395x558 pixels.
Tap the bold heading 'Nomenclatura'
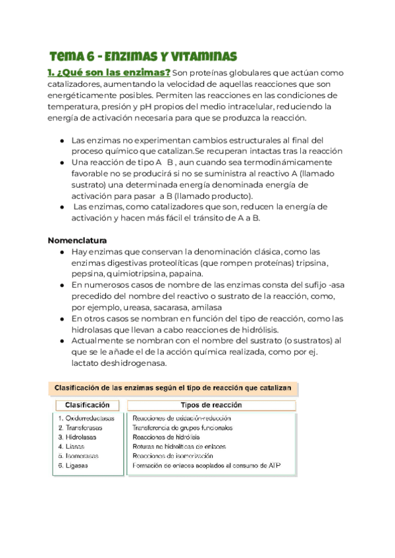pyautogui.click(x=78, y=240)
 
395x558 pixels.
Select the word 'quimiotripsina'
pyautogui.click(x=136, y=274)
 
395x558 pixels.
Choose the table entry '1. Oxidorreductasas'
pyautogui.click(x=86, y=419)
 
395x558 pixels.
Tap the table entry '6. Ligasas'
pyautogui.click(x=73, y=465)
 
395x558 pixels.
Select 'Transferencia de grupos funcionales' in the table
pyautogui.click(x=182, y=428)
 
